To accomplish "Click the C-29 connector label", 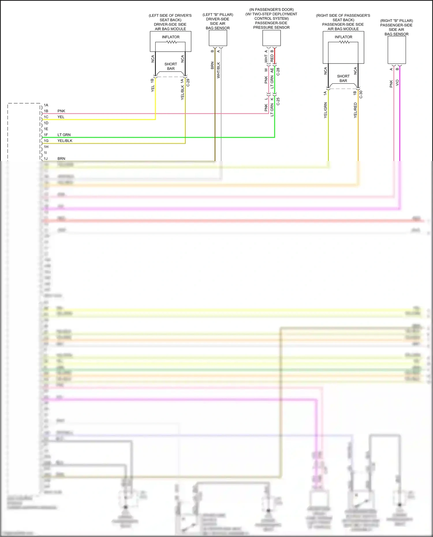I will tap(188, 83).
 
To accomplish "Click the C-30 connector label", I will tap(361, 94).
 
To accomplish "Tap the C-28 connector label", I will tap(278, 72).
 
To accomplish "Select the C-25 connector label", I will tap(278, 101).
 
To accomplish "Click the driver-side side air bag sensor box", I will tap(218, 38).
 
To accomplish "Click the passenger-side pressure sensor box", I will tap(271, 38).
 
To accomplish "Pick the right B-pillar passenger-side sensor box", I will tap(397, 50).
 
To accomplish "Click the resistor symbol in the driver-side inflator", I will tap(171, 42).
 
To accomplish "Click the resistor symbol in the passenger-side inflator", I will tap(344, 42).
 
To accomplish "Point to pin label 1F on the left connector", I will tap(46, 135).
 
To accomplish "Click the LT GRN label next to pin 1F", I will tap(64, 135).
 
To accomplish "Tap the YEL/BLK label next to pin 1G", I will tap(65, 141).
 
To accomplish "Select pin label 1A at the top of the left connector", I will tap(46, 105).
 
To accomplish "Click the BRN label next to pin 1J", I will tap(61, 159).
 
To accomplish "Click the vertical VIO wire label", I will tap(397, 83).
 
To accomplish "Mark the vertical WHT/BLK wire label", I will tap(219, 70).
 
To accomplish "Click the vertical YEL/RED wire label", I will tap(355, 110).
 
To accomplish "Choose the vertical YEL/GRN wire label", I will tap(326, 110).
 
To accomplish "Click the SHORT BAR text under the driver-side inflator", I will tap(171, 66).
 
